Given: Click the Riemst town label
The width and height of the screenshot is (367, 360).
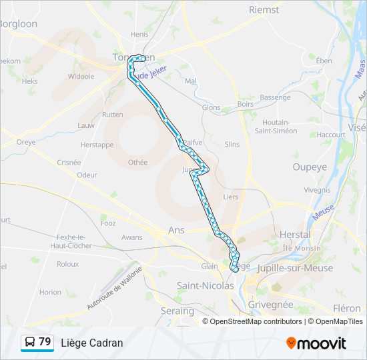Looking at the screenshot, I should pos(264,9).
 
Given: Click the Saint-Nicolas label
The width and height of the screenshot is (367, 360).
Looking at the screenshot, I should pos(205,285).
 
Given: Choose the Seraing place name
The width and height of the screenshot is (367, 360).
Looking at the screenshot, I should pos(177,311).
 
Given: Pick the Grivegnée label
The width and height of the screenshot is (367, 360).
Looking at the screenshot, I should pos(270,304).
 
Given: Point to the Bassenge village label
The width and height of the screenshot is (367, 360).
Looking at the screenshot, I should pos(275,97).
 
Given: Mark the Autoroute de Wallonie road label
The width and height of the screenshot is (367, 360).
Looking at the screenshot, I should pos(115,288).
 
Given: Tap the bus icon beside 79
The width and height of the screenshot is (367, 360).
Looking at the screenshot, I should pos(29,343).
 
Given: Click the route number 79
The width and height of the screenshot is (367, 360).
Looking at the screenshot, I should pos(45,342).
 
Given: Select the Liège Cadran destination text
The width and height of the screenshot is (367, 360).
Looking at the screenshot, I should pos(92,343).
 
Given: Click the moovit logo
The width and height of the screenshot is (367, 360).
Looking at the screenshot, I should pos(316,343).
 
